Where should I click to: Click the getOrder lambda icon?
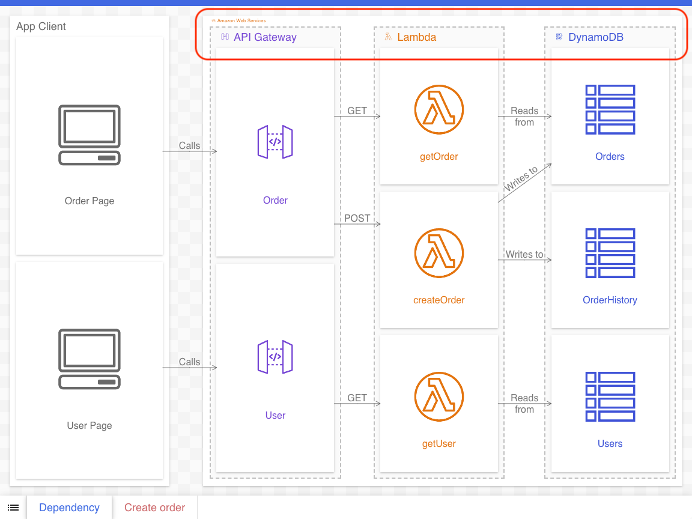pyautogui.click(x=439, y=109)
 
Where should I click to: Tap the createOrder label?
pyautogui.click(x=439, y=300)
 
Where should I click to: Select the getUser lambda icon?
pyautogui.click(x=439, y=396)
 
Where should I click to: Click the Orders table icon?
pyautogui.click(x=610, y=109)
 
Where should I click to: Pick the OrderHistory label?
pyautogui.click(x=610, y=300)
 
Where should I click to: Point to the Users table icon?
pyautogui.click(x=610, y=396)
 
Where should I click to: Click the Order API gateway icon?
pyautogui.click(x=275, y=142)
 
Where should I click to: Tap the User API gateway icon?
pyautogui.click(x=275, y=357)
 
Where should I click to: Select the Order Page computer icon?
pyautogui.click(x=90, y=135)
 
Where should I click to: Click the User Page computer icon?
pyautogui.click(x=90, y=359)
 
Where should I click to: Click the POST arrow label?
pyautogui.click(x=357, y=218)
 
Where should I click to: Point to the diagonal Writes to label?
pyautogui.click(x=521, y=180)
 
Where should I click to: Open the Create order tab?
pyautogui.click(x=154, y=508)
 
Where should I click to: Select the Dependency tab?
pyautogui.click(x=69, y=508)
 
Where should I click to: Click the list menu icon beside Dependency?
pyautogui.click(x=13, y=508)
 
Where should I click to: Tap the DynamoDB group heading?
pyautogui.click(x=595, y=37)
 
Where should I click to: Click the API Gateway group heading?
pyautogui.click(x=265, y=37)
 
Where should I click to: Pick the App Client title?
pyautogui.click(x=41, y=26)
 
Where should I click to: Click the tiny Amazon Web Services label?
pyautogui.click(x=241, y=20)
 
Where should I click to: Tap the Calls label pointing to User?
pyautogui.click(x=189, y=362)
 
